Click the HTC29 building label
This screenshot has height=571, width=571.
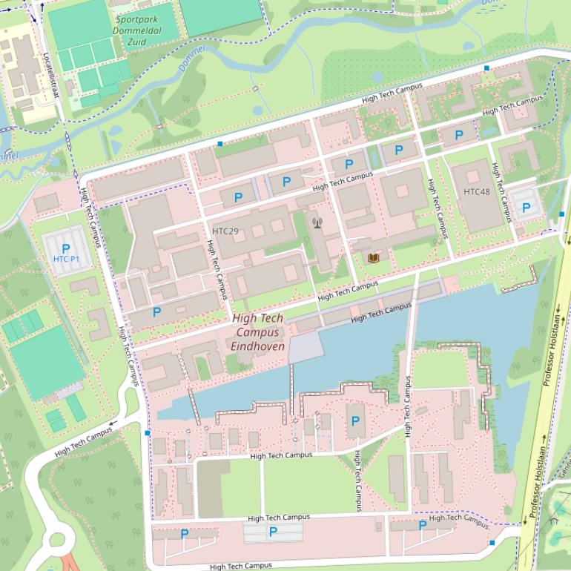tap(225, 231)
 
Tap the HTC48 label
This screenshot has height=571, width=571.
tap(477, 192)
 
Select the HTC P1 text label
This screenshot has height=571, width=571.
tap(67, 259)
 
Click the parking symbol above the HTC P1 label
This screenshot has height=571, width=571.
tap(66, 248)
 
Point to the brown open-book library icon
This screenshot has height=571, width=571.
tap(374, 257)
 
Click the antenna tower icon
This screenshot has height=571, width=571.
tap(317, 221)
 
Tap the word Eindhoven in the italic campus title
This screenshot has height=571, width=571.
tap(258, 346)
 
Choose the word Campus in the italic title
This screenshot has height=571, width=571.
tap(258, 332)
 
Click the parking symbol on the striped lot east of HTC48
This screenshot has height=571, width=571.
tap(526, 208)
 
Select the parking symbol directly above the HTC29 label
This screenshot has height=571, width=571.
tap(238, 197)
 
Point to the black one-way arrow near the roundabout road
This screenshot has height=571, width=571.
tap(113, 424)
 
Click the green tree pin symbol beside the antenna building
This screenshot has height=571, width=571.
tap(305, 240)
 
